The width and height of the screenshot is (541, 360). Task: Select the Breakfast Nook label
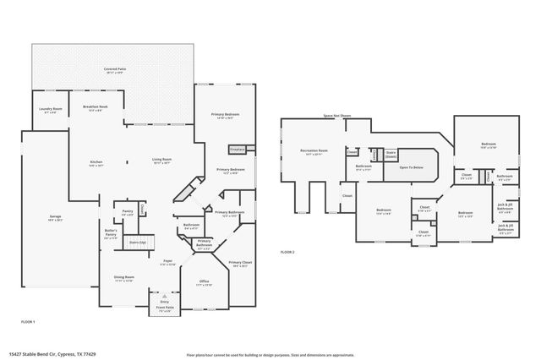[95, 107]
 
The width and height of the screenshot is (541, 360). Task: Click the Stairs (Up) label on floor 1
[137, 243]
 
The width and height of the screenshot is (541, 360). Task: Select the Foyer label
[168, 263]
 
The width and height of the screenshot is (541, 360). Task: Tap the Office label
[204, 281]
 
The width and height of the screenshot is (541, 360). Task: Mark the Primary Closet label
[240, 264]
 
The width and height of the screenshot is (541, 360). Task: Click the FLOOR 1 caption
[28, 322]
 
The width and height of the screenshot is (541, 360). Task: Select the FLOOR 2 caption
[288, 252]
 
